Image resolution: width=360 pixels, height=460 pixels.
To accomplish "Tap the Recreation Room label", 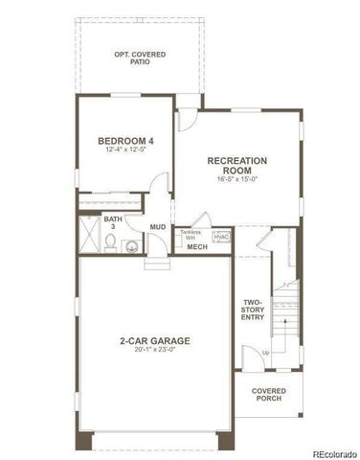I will [237, 166].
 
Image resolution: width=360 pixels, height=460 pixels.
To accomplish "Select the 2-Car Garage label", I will [155, 340].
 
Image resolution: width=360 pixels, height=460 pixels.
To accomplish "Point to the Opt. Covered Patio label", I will [140, 58].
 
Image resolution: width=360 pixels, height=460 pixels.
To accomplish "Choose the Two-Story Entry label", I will [253, 310].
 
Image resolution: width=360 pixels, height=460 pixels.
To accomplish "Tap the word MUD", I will [157, 227].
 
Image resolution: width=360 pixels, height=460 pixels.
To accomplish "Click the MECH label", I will [197, 247].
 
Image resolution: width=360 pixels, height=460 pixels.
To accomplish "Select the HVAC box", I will [221, 236].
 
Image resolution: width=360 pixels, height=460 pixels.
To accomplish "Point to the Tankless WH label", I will [191, 234].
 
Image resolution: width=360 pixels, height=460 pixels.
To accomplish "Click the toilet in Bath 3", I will [112, 241].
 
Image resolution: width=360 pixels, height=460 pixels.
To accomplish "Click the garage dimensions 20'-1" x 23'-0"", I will [155, 350].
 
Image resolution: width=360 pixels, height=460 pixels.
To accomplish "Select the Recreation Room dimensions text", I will [237, 177].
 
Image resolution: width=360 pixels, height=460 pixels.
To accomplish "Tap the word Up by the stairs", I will [265, 353].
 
